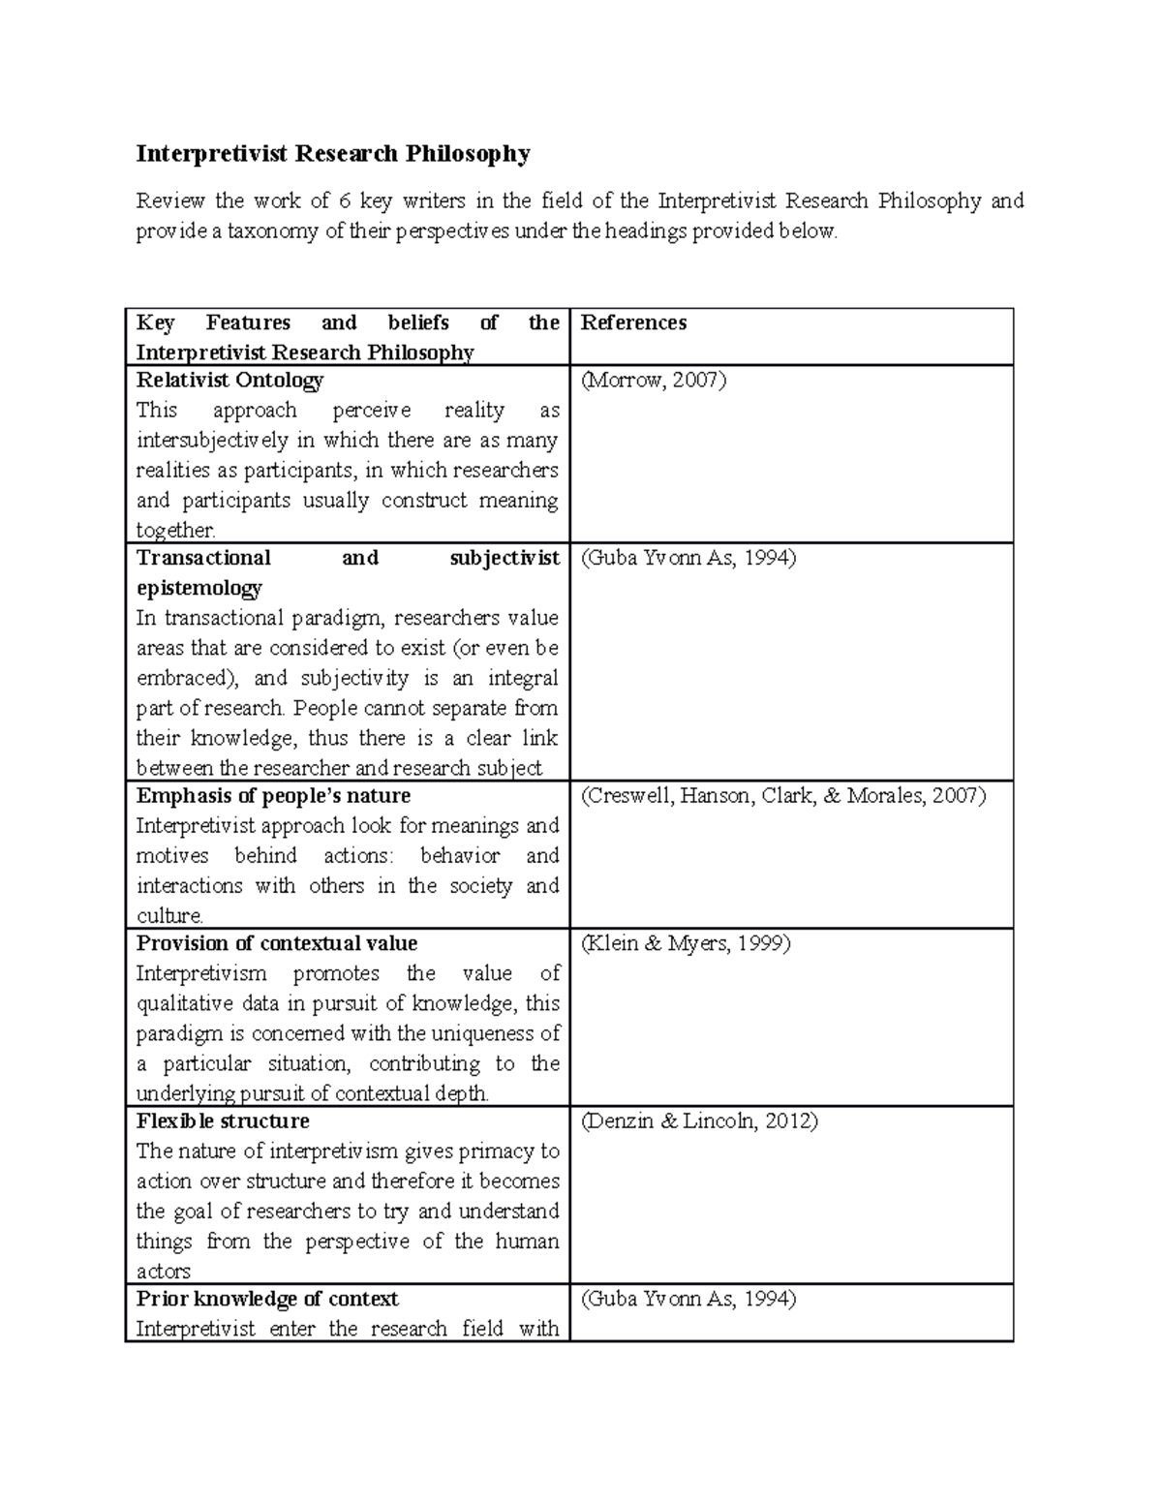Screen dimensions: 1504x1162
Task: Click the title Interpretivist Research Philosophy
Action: tap(333, 154)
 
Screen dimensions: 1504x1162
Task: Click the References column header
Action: tap(633, 323)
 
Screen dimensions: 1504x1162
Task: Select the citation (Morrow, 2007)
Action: tap(653, 381)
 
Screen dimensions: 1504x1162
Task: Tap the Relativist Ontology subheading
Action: tap(229, 381)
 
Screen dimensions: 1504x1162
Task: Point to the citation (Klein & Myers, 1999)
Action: tap(686, 944)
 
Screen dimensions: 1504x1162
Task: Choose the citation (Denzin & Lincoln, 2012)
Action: tap(699, 1121)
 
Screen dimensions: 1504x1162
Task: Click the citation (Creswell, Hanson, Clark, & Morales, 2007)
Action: tap(783, 796)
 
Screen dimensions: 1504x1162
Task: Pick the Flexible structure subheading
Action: tap(223, 1121)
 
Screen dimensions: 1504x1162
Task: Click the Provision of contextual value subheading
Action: tap(277, 944)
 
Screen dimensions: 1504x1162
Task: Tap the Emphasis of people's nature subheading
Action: tap(273, 796)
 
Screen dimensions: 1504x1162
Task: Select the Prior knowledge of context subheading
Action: tap(267, 1299)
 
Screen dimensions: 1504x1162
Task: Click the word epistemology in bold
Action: tap(199, 589)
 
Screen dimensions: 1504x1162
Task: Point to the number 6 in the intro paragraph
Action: tap(345, 201)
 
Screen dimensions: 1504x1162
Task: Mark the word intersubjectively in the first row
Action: tap(212, 441)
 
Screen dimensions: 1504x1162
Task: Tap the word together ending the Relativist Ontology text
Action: tap(174, 531)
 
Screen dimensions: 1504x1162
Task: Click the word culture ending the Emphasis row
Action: tap(168, 916)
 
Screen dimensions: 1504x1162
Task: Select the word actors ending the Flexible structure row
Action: tap(163, 1272)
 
